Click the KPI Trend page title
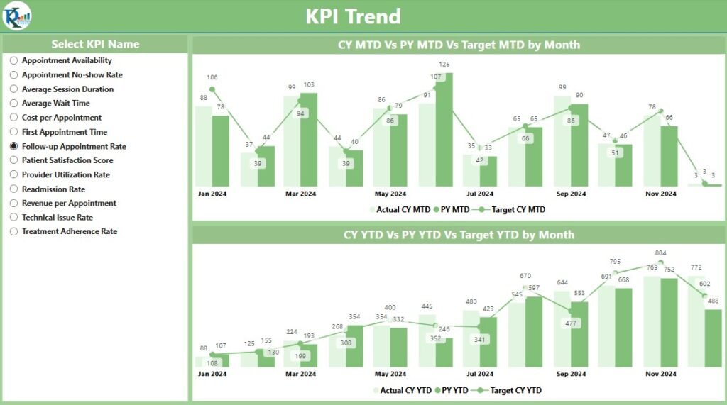pos(353,16)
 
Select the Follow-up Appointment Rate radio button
pos(13,146)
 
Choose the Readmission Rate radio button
pos(13,189)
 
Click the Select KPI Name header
pos(95,44)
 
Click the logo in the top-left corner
pos(16,16)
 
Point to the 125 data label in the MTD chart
pos(444,65)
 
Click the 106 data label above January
pos(212,77)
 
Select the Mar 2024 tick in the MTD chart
pos(300,194)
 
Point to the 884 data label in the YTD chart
pos(660,253)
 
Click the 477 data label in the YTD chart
pos(570,323)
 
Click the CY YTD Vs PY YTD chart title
pos(459,234)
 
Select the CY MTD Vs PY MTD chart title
pos(459,45)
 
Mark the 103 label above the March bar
pos(309,84)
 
